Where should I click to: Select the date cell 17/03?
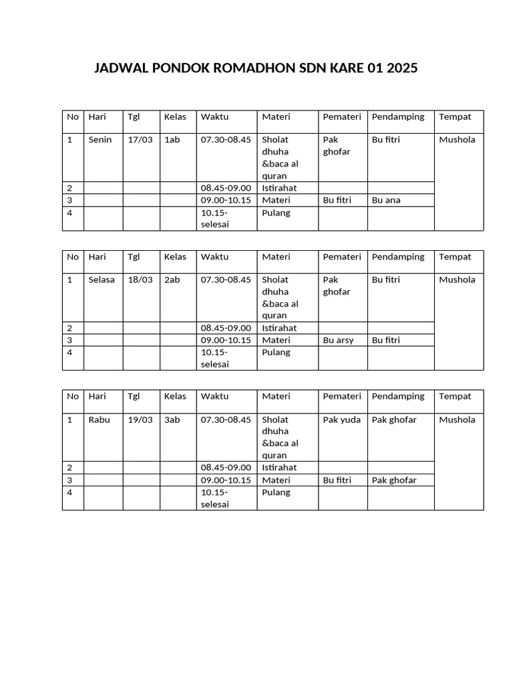click(x=140, y=140)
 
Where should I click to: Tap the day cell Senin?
click(x=100, y=140)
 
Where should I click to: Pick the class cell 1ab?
click(x=172, y=140)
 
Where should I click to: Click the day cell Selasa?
click(x=102, y=280)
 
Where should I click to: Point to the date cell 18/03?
click(x=140, y=280)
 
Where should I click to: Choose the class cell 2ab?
click(x=172, y=280)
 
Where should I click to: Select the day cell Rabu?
click(x=100, y=419)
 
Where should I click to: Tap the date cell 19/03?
click(x=140, y=419)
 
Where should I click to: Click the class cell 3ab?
click(x=172, y=419)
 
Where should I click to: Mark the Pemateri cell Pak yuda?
click(x=342, y=419)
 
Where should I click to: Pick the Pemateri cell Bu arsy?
click(x=338, y=340)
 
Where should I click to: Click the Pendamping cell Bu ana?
click(x=386, y=200)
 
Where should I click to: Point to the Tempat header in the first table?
click(x=455, y=116)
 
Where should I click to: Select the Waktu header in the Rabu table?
click(x=214, y=396)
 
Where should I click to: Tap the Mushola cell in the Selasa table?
click(x=457, y=280)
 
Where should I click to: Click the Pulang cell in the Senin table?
click(x=276, y=213)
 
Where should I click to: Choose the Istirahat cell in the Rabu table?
click(x=279, y=467)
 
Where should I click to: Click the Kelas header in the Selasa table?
click(x=175, y=256)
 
